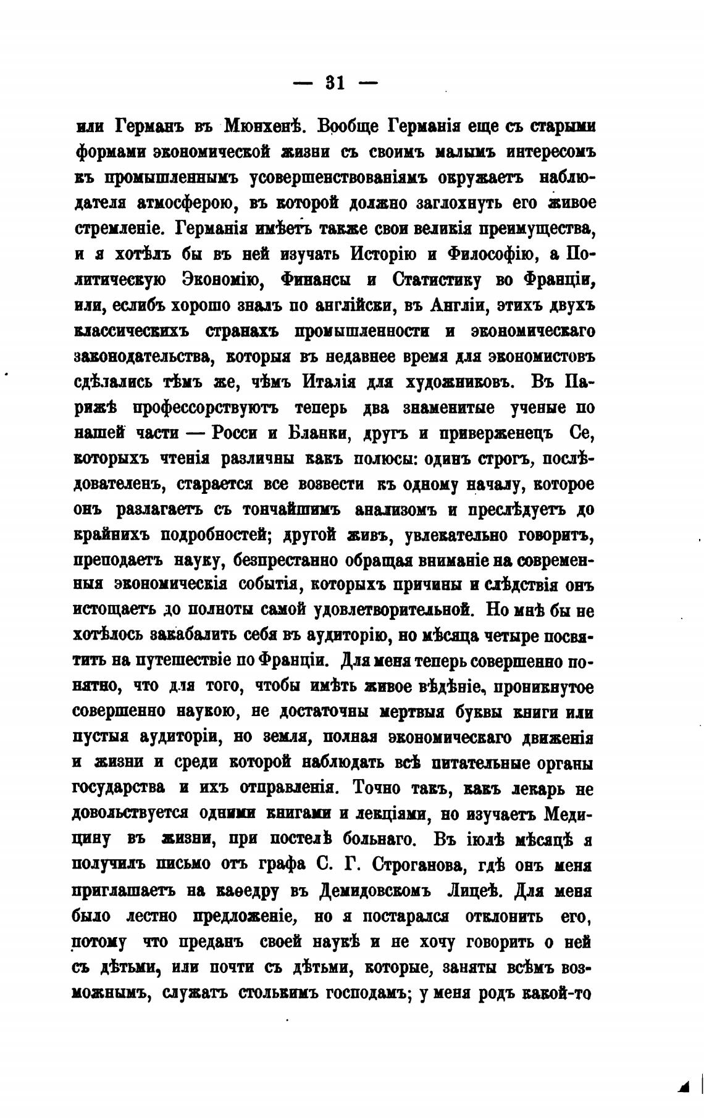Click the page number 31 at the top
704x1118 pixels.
(335, 83)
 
